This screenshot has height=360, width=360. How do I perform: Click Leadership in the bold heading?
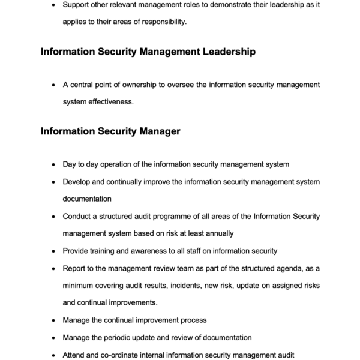pos(223,52)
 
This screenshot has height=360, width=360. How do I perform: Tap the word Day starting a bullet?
pos(70,164)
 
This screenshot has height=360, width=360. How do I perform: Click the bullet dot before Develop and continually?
pos(55,181)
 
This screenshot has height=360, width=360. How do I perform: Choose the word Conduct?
pos(79,216)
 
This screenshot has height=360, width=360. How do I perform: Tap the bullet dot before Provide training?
pos(55,250)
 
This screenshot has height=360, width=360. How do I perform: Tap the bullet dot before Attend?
pos(55,355)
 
